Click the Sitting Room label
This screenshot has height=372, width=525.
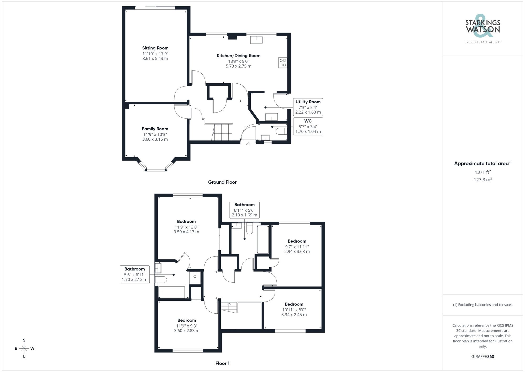pos(155,48)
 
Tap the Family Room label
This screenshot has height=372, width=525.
pos(155,129)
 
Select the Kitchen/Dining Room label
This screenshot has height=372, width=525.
pos(238,56)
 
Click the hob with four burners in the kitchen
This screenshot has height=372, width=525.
pos(283,63)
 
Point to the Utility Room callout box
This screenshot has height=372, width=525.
pos(308,107)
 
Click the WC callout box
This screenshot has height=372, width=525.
pos(308,126)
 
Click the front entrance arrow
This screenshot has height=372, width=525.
pos(248,144)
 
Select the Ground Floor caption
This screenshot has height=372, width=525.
pos(222,182)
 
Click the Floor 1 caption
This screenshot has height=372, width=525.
pos(222,363)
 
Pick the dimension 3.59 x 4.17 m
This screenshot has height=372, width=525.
pos(186,232)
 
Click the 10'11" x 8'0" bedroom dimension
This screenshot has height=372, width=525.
pos(294,310)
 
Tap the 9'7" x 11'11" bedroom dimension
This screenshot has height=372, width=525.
pos(297,247)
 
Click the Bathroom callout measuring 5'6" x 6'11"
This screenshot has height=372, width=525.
pos(135,274)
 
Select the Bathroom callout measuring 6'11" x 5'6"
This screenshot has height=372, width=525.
pos(244,210)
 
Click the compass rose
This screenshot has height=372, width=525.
pos(24,349)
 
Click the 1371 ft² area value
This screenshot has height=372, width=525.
pos(482,172)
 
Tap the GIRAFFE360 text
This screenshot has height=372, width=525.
pos(482,357)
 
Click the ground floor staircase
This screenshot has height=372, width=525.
pos(222,133)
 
